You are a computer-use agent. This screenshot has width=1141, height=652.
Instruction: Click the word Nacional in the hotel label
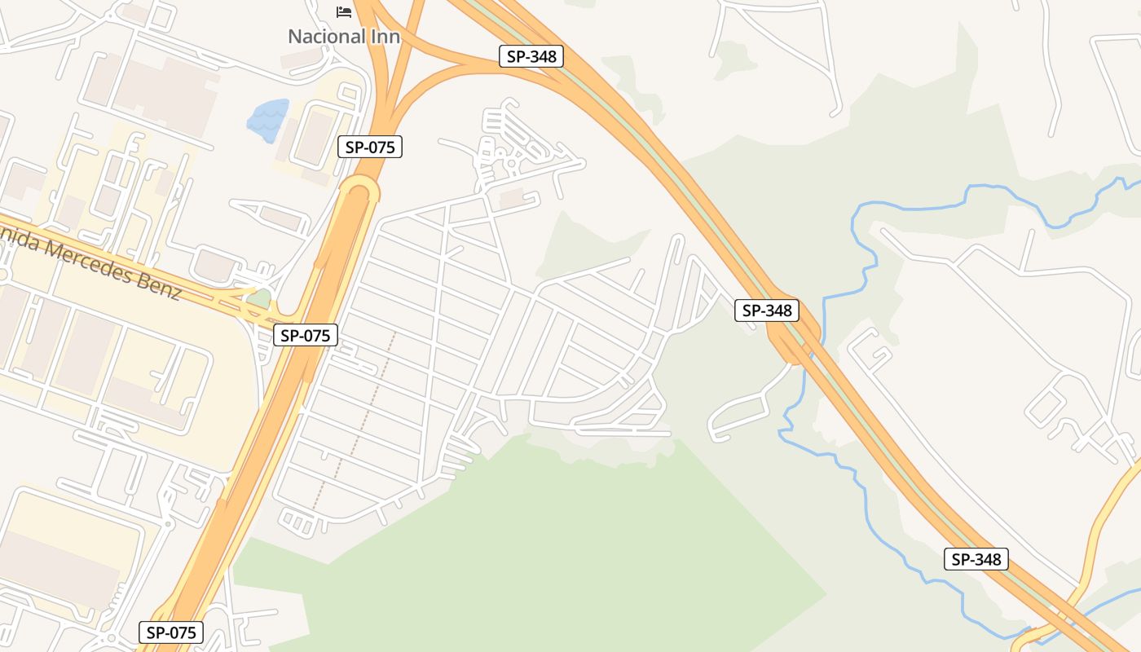pyautogui.click(x=324, y=37)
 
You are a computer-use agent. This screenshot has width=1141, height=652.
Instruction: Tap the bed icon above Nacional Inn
pyautogui.click(x=344, y=11)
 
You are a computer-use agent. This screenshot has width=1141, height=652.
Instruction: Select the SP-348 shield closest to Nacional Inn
pyautogui.click(x=531, y=56)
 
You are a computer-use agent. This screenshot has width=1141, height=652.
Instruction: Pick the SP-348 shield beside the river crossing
pyautogui.click(x=767, y=311)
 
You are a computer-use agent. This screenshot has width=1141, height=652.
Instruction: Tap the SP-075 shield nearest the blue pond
pyautogui.click(x=370, y=147)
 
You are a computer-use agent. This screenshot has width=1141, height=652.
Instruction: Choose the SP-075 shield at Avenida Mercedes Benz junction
pyautogui.click(x=305, y=335)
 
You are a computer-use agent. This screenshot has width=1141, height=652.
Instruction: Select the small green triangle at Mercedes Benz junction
pyautogui.click(x=258, y=298)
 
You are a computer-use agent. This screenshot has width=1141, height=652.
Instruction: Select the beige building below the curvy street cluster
pyautogui.click(x=512, y=197)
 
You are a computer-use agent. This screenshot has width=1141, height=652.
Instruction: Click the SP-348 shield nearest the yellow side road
pyautogui.click(x=976, y=559)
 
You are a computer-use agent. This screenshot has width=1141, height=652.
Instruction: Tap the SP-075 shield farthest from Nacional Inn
pyautogui.click(x=170, y=632)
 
